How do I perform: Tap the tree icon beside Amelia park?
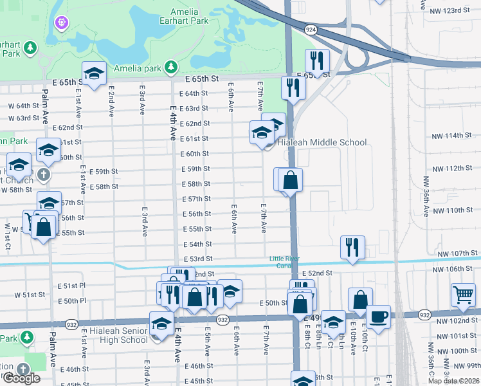click(x=171, y=67)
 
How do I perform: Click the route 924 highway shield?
click(x=311, y=30)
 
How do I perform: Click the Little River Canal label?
click(x=284, y=262)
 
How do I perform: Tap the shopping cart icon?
click(x=463, y=295)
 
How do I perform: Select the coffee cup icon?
click(x=379, y=317)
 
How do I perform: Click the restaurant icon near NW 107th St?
click(x=352, y=247)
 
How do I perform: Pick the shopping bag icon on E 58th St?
click(x=290, y=180)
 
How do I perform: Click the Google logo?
click(x=21, y=378)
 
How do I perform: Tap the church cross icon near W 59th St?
click(x=43, y=174)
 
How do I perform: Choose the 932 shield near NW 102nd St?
click(x=424, y=315)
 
